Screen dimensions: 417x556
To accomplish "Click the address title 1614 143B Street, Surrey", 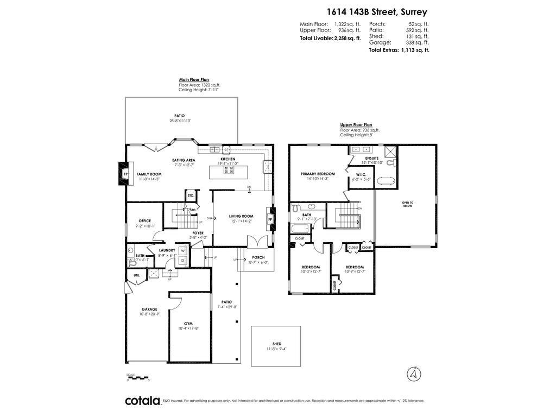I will click(x=376, y=11).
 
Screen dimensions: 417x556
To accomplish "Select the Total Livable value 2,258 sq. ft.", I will click(x=347, y=39).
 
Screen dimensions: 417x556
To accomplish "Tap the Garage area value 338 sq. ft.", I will click(x=418, y=42).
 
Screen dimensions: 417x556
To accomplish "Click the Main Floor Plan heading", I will click(x=194, y=79).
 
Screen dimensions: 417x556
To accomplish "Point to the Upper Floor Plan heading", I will click(x=356, y=124).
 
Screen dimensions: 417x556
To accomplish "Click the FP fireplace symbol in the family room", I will click(x=124, y=174).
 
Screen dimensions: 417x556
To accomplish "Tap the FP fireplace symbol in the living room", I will click(x=270, y=219).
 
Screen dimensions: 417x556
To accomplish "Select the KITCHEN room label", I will click(x=228, y=159).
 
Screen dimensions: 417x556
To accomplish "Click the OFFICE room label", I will click(x=145, y=221).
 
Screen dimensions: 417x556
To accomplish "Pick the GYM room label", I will click(x=188, y=324).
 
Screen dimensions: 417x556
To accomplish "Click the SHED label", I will click(x=277, y=344).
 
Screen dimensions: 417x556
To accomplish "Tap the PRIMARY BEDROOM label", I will click(x=318, y=174).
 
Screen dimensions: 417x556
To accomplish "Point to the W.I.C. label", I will click(x=361, y=174).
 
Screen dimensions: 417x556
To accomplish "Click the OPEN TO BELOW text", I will click(x=407, y=204).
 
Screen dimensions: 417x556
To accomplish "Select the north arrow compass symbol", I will click(x=414, y=374).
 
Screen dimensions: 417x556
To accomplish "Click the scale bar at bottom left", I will click(x=138, y=377).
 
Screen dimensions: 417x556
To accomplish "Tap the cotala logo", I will click(x=142, y=401).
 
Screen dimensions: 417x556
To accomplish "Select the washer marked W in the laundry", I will click(x=183, y=251).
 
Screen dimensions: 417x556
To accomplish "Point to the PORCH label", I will click(x=258, y=257).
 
